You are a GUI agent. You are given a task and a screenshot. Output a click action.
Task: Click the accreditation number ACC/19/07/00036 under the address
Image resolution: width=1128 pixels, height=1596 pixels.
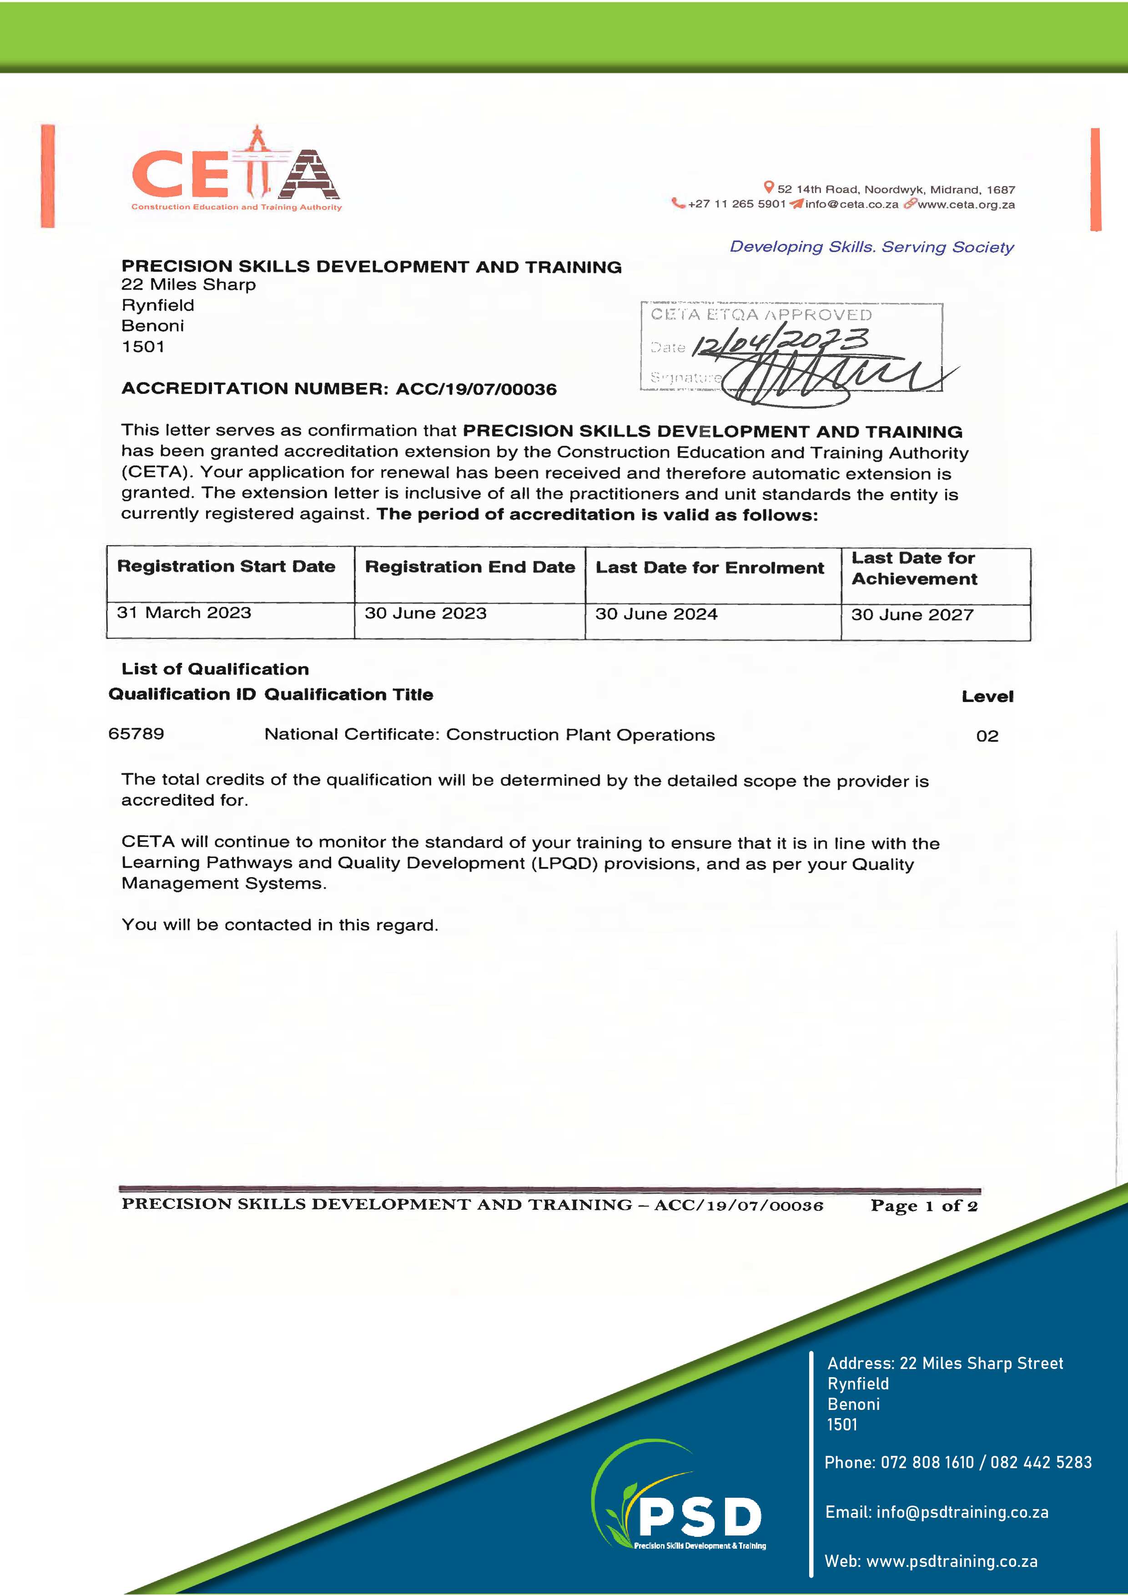point(476,389)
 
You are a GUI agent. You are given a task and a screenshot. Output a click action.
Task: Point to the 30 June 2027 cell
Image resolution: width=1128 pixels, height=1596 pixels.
point(912,615)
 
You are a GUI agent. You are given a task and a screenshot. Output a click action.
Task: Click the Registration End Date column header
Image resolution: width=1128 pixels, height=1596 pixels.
point(470,567)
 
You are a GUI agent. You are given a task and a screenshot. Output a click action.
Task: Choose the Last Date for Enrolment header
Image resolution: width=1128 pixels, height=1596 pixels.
point(710,568)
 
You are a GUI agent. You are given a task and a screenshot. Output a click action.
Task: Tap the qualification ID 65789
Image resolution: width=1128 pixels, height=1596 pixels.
point(136,734)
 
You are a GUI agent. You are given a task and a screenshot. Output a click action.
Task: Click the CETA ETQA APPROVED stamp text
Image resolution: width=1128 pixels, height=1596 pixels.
point(761,315)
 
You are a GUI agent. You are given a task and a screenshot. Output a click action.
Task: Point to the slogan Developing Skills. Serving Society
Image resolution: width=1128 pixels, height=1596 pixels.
point(871,247)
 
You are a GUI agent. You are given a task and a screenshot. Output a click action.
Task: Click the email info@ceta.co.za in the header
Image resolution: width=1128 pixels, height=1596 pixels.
point(851,204)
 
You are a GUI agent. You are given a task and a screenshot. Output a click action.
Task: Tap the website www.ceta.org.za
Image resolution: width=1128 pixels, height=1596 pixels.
point(966,204)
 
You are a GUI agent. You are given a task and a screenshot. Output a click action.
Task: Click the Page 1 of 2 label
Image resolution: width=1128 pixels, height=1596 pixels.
point(924,1206)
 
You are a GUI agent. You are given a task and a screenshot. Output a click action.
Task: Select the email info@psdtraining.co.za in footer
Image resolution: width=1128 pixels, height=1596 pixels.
point(962,1512)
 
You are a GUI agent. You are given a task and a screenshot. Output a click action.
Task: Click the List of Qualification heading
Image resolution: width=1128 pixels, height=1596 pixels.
point(215,669)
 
